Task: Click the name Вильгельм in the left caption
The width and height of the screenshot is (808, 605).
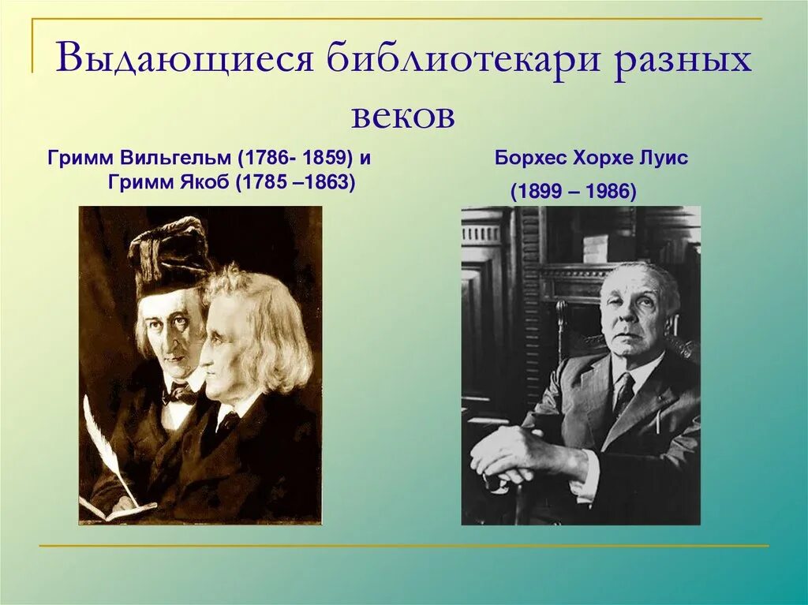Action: [x=159, y=158]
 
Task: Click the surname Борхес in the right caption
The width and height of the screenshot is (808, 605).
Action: [x=530, y=158]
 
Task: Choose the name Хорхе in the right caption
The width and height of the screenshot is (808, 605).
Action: [x=604, y=158]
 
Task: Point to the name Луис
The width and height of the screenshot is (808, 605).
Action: [x=665, y=158]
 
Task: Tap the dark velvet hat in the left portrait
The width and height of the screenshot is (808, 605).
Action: [x=170, y=254]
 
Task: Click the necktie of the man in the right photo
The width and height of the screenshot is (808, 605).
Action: [x=624, y=392]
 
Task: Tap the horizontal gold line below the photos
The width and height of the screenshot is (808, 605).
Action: [x=402, y=545]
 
